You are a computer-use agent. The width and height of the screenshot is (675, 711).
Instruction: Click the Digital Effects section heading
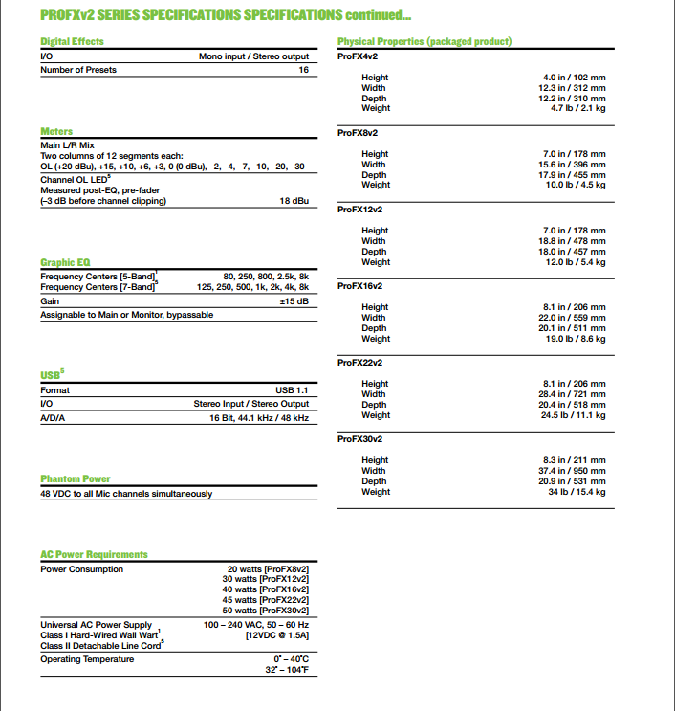(72, 42)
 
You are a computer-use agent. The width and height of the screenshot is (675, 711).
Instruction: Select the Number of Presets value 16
(303, 71)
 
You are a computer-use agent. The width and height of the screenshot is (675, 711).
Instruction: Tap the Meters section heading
(56, 131)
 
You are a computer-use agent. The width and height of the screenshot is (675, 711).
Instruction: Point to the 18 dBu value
(294, 201)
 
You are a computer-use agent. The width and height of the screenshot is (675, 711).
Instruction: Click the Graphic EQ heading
(65, 262)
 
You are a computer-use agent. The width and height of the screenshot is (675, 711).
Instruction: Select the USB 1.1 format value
(292, 390)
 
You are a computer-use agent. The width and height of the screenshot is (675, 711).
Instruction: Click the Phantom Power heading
(76, 478)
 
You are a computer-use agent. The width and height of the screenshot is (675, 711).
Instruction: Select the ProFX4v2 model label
(359, 56)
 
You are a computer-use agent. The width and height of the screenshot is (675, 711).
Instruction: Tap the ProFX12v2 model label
(360, 210)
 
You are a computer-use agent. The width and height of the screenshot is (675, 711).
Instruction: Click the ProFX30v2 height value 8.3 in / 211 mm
(575, 460)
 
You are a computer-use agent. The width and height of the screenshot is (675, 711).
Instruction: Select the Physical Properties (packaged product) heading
(425, 42)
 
